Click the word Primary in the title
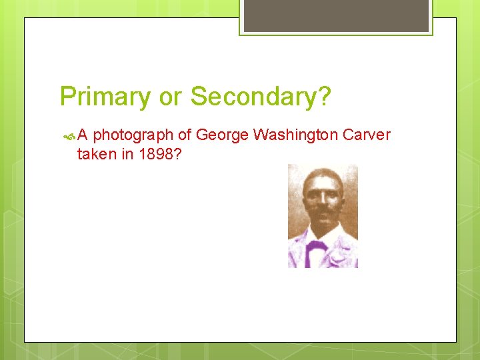pyautogui.click(x=105, y=97)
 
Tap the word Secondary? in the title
pyautogui.click(x=261, y=96)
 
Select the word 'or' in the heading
pyautogui.click(x=171, y=97)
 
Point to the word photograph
pyautogui.click(x=133, y=136)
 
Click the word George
pyautogui.click(x=223, y=136)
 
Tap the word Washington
pyautogui.click(x=296, y=135)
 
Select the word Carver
pyautogui.click(x=367, y=135)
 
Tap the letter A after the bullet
pyautogui.click(x=83, y=136)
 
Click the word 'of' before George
pyautogui.click(x=185, y=135)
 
